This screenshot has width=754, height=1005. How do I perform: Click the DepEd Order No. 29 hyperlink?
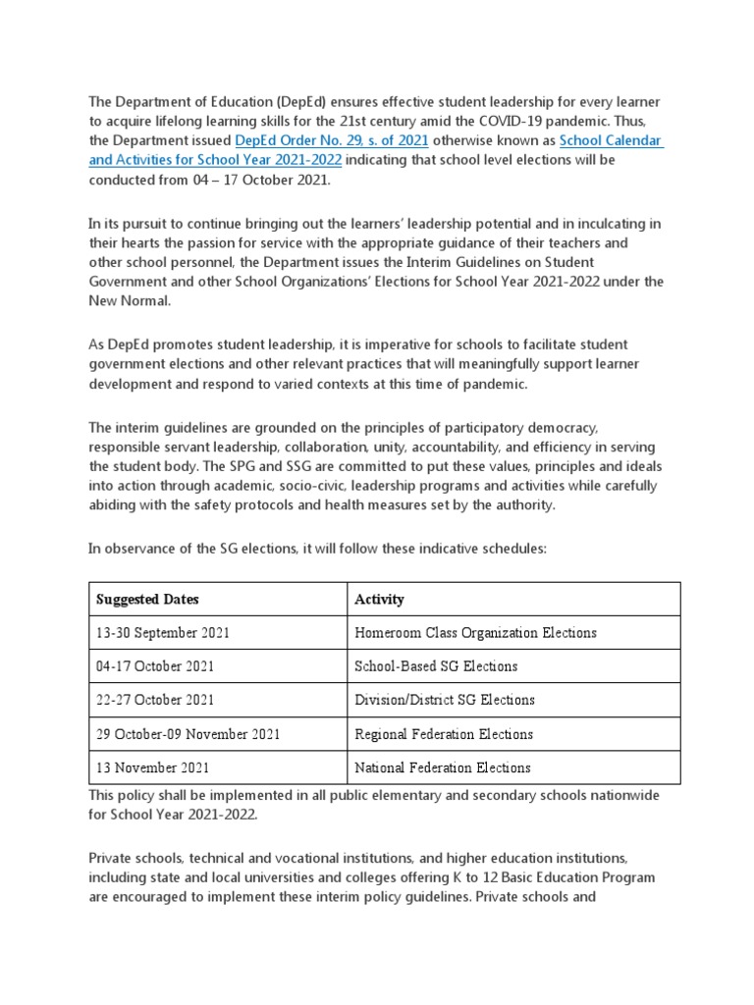[x=319, y=140]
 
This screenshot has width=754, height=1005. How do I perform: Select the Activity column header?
[x=379, y=599]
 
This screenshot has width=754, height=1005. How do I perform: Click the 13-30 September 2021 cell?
[x=162, y=633]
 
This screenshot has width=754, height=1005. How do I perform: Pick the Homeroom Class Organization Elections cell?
[x=475, y=633]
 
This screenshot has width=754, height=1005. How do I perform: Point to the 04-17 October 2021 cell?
[x=155, y=666]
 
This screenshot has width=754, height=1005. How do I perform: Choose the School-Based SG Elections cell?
[x=436, y=666]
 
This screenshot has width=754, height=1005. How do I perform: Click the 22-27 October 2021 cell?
[x=155, y=700]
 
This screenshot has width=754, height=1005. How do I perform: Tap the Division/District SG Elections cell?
[x=445, y=700]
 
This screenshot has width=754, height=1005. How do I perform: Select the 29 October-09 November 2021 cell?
[x=188, y=734]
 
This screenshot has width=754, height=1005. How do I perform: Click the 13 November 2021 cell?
[x=152, y=767]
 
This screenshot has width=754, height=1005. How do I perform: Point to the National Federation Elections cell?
[x=443, y=767]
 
